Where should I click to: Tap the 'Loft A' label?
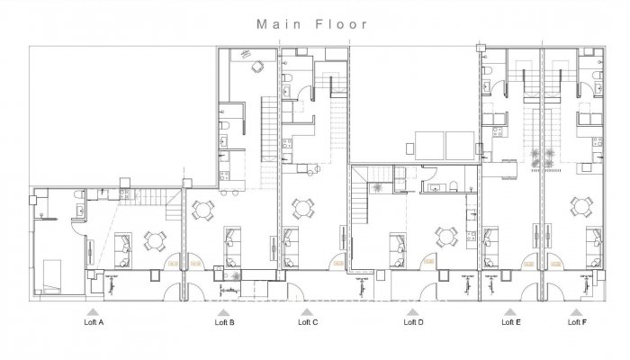tap(94, 321)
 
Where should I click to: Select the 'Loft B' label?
tap(225, 321)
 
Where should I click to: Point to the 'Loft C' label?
tap(308, 321)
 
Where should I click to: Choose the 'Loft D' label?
tap(413, 321)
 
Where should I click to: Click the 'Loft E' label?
tap(509, 321)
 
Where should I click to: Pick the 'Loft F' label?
tap(577, 321)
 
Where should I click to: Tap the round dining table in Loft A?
tap(157, 240)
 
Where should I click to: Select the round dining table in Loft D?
tap(445, 237)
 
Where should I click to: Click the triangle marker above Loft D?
tap(413, 310)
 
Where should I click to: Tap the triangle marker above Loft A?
tap(94, 310)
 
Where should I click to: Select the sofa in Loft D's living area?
tap(397, 243)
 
